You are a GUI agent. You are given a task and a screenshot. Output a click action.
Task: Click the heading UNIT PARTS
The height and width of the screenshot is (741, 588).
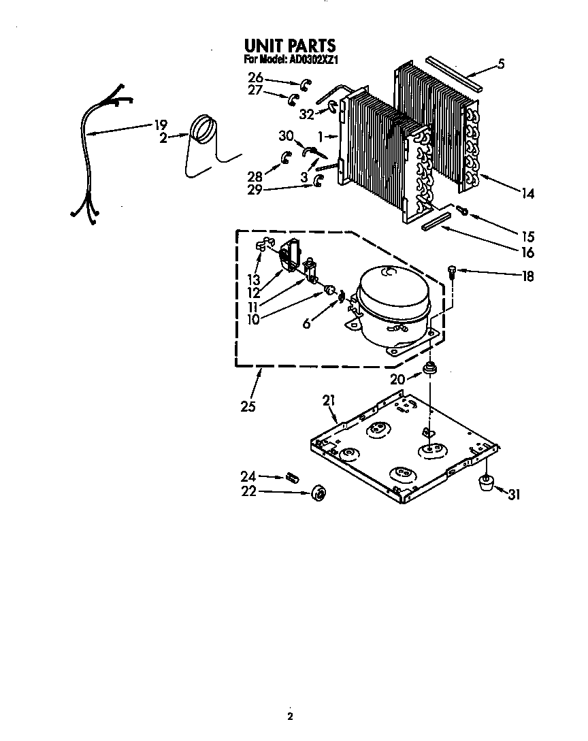click(289, 46)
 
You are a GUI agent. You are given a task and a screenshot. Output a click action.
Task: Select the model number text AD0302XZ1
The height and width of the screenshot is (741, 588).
click(310, 60)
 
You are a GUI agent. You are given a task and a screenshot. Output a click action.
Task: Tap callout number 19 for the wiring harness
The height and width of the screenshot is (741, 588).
click(160, 125)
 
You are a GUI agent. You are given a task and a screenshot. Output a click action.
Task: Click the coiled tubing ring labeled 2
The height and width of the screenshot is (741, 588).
click(203, 129)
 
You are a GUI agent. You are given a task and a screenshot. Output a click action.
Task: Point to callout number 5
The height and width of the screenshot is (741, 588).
click(500, 65)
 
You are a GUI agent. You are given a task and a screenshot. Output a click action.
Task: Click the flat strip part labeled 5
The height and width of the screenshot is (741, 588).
click(454, 73)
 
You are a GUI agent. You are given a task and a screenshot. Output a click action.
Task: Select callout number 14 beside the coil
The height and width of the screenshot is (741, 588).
click(527, 194)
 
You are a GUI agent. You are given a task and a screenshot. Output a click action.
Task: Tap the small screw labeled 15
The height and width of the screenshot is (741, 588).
click(461, 210)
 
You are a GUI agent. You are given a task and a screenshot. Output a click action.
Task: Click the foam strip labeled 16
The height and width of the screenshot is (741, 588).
click(436, 222)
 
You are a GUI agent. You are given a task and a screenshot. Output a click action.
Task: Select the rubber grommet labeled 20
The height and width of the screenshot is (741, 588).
click(429, 369)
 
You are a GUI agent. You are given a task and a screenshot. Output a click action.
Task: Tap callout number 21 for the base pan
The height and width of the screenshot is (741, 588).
click(329, 401)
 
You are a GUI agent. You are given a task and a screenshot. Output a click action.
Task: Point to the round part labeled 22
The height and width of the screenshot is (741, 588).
click(317, 493)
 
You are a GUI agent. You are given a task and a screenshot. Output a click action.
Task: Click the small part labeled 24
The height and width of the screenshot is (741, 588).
click(293, 476)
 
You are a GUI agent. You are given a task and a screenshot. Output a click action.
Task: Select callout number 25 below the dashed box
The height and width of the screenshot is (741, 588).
click(248, 407)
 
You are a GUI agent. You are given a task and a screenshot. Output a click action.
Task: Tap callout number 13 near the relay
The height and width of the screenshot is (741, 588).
click(253, 280)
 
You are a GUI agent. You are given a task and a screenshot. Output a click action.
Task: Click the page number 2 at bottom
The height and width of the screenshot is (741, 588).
click(290, 717)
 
